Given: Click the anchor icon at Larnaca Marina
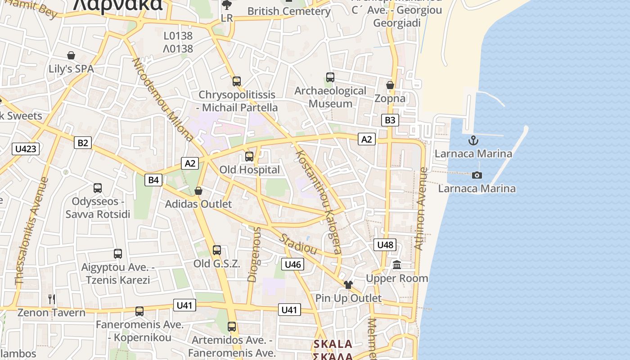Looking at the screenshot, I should point(473,140).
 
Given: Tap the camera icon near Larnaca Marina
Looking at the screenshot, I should point(477,175).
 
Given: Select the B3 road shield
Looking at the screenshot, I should point(390,120).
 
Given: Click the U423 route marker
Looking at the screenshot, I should point(26,148).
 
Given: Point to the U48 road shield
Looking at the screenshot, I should point(385,245).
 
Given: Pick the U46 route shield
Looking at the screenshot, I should point(292,264).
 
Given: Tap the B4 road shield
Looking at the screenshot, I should point(153,180).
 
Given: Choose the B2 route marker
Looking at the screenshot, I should point(83,143).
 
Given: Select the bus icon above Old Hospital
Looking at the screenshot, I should point(249,157).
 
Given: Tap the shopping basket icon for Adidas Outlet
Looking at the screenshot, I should point(198,191).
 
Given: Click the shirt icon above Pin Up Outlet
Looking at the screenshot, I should point(348,285).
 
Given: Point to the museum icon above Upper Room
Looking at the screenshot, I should point(397,265).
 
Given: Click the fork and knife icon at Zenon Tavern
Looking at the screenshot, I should point(52,299).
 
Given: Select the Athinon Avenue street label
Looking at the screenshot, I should point(420,209).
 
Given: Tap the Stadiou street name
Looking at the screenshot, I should point(299,243).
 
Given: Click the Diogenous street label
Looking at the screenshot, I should point(254,255).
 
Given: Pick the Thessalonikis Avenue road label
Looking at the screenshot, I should point(31,231).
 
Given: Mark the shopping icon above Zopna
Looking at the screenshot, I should point(390,85).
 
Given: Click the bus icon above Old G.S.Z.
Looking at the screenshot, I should point(217,250).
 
